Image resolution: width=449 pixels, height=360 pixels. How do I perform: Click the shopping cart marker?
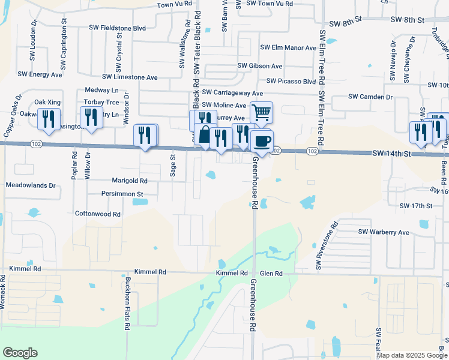click(x=262, y=112)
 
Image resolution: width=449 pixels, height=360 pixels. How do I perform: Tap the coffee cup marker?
click(x=262, y=141)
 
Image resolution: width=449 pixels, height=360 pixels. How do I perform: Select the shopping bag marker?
click(x=205, y=134)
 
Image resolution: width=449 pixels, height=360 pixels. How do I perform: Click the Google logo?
click(x=20, y=353)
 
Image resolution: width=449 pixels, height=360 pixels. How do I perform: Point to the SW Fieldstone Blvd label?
click(x=117, y=28)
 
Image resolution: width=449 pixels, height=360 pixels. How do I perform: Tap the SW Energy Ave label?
click(x=40, y=74)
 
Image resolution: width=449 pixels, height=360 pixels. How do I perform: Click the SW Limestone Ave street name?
click(x=130, y=77)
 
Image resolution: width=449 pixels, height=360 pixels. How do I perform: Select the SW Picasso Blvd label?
click(x=291, y=81)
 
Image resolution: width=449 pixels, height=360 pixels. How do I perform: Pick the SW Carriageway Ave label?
click(x=232, y=93)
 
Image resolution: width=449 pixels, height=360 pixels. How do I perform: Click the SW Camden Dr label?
click(x=370, y=97)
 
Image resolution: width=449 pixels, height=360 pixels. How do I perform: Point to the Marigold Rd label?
click(x=130, y=180)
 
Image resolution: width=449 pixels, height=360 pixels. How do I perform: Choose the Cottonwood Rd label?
click(x=98, y=214)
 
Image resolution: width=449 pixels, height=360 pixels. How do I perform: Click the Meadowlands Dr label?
click(x=31, y=186)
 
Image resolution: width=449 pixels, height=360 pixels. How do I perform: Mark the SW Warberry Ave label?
click(x=384, y=232)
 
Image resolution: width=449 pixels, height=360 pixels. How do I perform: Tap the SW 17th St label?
click(x=416, y=206)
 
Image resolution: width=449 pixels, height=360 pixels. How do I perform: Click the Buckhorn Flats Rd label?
click(x=128, y=303)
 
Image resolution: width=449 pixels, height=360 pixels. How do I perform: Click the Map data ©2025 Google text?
click(x=411, y=355)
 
